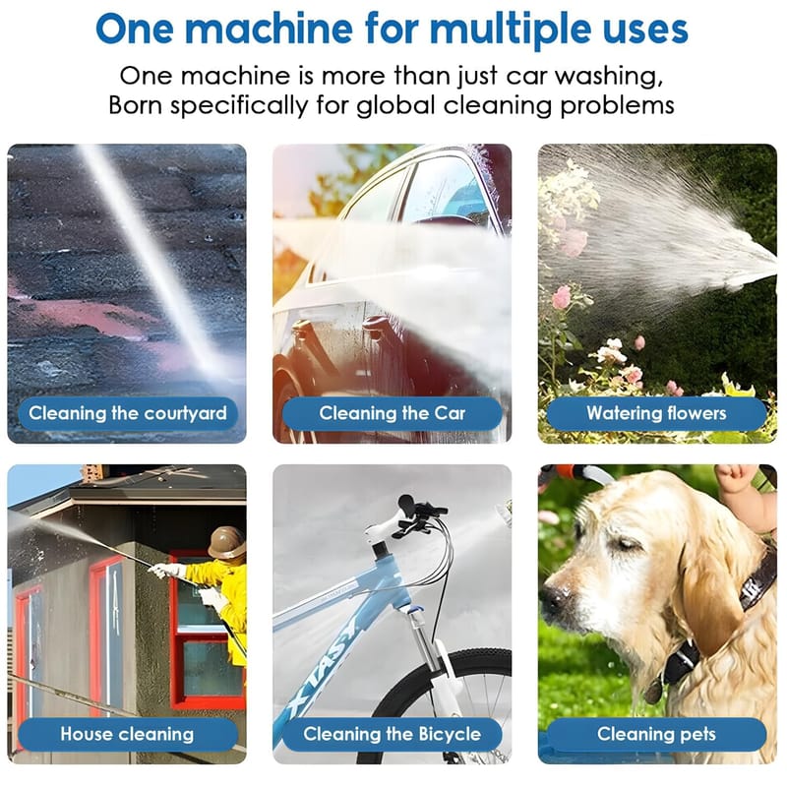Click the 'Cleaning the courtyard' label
coord(128,413)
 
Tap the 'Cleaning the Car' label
coord(392,413)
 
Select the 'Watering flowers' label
coord(656,413)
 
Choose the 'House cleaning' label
coord(128,734)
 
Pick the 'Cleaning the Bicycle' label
coord(392,734)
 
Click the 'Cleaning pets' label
coord(656,734)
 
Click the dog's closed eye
coord(626,544)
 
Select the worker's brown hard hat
coord(226,542)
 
